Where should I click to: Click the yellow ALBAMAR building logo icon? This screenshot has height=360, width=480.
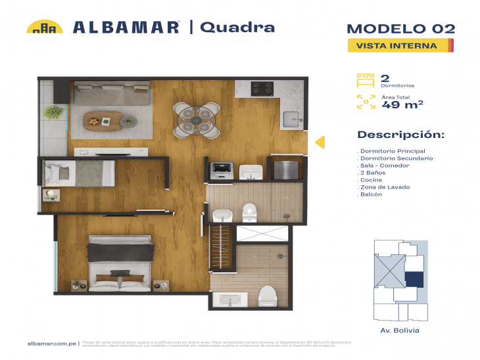(44, 27)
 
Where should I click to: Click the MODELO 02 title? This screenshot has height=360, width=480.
(400, 28)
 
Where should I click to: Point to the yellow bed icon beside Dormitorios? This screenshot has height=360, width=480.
(365, 80)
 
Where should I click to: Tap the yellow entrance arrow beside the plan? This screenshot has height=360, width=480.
(320, 142)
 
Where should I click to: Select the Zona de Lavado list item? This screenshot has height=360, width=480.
(383, 187)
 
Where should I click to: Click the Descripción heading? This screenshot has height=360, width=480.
(400, 135)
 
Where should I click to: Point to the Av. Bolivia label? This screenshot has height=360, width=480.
(400, 330)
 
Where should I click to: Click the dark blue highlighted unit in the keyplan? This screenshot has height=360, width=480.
(414, 279)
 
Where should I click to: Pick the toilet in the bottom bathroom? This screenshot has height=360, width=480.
(268, 296)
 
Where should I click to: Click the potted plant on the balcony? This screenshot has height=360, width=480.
(53, 112)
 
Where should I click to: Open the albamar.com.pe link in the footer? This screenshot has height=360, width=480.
(52, 343)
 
